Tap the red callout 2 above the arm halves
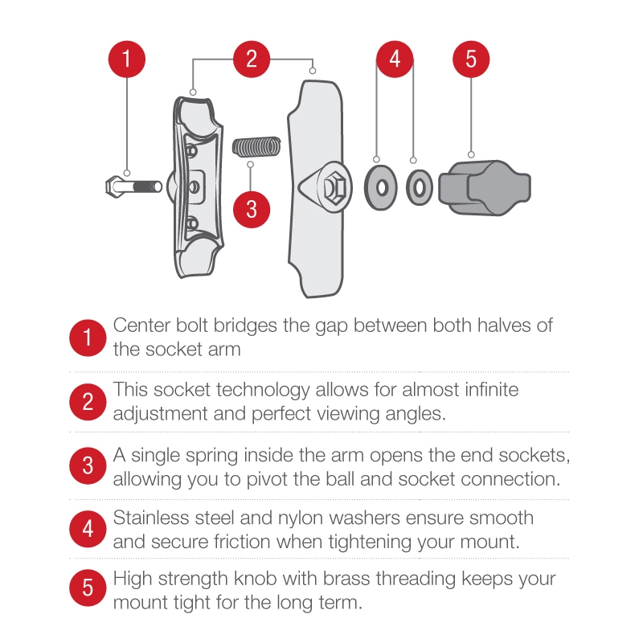coord(252,59)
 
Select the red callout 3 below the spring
coord(252,207)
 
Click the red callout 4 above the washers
coord(395,59)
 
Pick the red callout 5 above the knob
coord(471,59)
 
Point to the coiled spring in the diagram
coord(256,147)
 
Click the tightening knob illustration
coord(488,186)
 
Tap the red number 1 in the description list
coord(88,338)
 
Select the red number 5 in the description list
coord(88,589)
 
